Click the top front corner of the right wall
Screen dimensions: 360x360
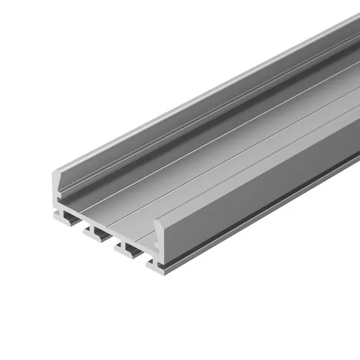coord(156,219)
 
